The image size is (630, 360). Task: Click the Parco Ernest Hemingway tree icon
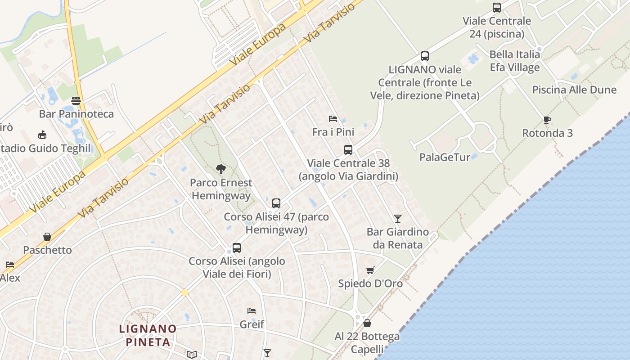(220, 169)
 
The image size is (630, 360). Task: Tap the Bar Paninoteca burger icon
(76, 100)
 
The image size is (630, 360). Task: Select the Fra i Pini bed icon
(333, 119)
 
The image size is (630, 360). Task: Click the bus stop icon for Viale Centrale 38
(348, 150)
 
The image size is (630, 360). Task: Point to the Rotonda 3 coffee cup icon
(547, 120)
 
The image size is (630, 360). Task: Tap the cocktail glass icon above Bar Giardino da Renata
(397, 219)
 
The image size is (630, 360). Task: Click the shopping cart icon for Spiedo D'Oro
(370, 270)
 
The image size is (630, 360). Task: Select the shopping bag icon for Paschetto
(47, 237)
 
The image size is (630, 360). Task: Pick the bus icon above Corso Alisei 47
(276, 203)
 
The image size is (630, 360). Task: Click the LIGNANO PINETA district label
(148, 335)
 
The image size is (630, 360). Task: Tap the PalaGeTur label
(445, 157)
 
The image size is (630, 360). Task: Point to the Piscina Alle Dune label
(574, 90)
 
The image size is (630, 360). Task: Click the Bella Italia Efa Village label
(514, 61)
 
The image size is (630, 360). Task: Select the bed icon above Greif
(252, 311)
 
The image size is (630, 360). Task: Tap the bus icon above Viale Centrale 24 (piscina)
(497, 8)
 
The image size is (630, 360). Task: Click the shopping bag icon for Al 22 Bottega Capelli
(367, 323)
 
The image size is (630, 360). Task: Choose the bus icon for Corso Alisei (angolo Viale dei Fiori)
(237, 248)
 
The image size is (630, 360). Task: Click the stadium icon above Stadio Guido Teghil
(42, 135)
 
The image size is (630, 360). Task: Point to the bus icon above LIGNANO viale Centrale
(425, 56)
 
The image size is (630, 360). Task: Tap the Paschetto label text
(47, 250)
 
